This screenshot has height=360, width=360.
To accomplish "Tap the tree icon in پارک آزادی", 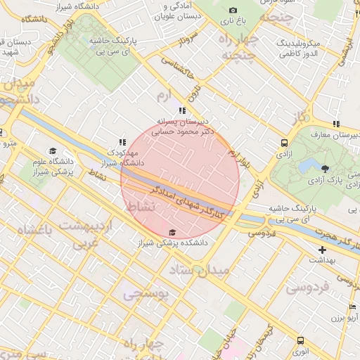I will (x=325, y=169).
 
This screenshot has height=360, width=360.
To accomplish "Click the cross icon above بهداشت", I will (x=322, y=250).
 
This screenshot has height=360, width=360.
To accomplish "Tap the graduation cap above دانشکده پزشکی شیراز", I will (x=172, y=233).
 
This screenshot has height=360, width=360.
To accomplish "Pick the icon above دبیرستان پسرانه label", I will (x=182, y=111).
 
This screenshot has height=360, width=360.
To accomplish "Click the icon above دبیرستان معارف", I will (x=336, y=124).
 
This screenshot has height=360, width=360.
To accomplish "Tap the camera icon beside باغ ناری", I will (x=233, y=11).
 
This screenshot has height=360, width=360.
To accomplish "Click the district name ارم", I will (x=164, y=94).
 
